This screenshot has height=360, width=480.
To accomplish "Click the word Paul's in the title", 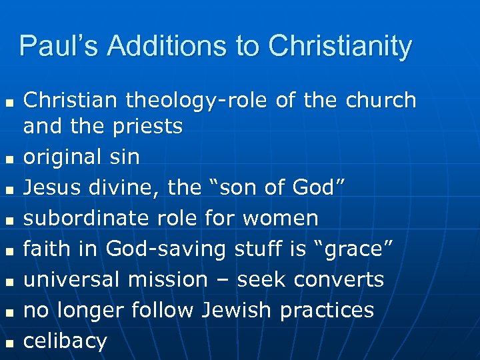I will point(57,47).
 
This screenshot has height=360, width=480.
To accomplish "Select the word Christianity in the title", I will point(340,47).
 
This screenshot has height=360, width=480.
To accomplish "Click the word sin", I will point(124,157).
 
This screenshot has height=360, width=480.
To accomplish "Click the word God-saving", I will point(155,249).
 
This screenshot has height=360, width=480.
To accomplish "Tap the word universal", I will point(72,279).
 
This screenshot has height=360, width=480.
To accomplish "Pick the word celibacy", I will point(65,341).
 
